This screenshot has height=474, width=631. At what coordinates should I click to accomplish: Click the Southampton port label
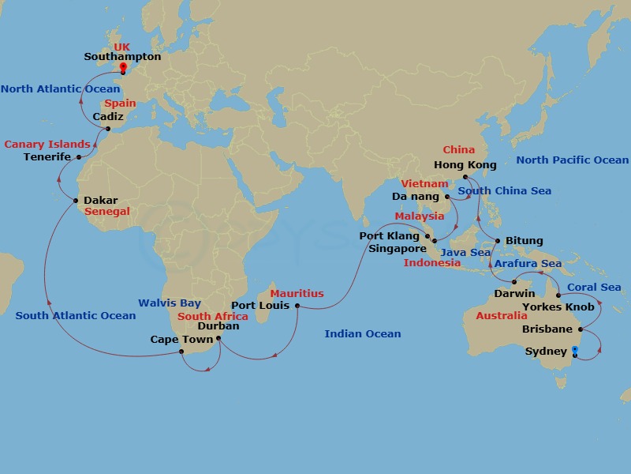coord(123,57)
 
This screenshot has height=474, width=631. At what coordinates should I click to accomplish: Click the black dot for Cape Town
coord(182,352)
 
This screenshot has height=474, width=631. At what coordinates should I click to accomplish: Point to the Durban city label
coord(218,325)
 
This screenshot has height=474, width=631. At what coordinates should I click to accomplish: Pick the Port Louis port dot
coord(297,306)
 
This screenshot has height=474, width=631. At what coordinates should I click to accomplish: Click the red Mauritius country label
coord(297,294)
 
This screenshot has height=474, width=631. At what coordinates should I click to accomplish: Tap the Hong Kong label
coord(465,165)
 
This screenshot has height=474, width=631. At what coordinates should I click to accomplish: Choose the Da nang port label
coord(415,196)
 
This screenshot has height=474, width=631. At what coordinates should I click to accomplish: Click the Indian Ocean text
coord(363,334)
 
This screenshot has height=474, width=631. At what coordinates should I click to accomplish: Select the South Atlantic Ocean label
coord(76,316)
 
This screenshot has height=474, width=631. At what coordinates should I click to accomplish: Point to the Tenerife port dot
coord(78,157)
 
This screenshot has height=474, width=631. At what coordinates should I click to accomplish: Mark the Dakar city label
coord(100,201)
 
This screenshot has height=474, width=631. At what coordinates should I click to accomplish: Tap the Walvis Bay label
coord(170,303)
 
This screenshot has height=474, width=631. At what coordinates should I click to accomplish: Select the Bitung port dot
coord(498,241)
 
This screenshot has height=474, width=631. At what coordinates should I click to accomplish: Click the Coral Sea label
coord(594,288)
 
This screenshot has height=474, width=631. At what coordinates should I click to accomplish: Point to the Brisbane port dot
coord(581,329)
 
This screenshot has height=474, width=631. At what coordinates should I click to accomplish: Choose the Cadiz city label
coord(107,117)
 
